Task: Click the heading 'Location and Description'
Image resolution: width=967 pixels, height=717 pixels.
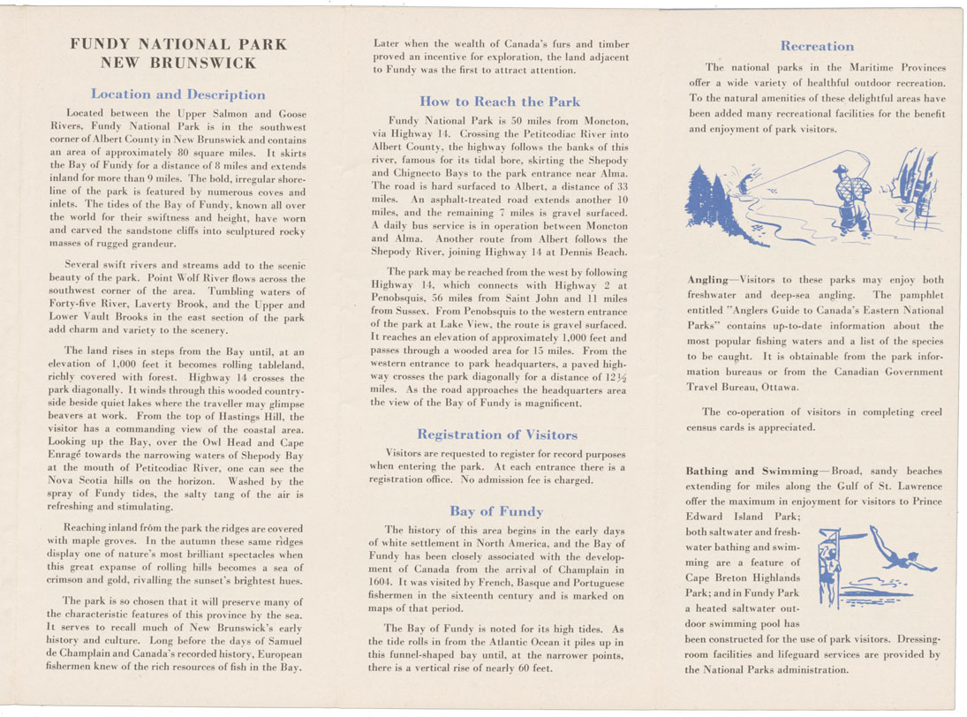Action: [x=178, y=94]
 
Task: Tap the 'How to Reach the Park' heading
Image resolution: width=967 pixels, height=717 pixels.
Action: [x=500, y=101]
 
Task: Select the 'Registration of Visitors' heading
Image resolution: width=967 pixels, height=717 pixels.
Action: [x=497, y=434]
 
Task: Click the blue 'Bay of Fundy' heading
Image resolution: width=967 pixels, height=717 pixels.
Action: [x=496, y=510]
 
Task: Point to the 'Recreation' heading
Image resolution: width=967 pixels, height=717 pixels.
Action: [x=817, y=46]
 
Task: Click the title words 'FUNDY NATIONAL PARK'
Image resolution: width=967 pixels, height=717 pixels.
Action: [x=178, y=44]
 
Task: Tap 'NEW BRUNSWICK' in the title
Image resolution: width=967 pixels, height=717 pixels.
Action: [x=178, y=63]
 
